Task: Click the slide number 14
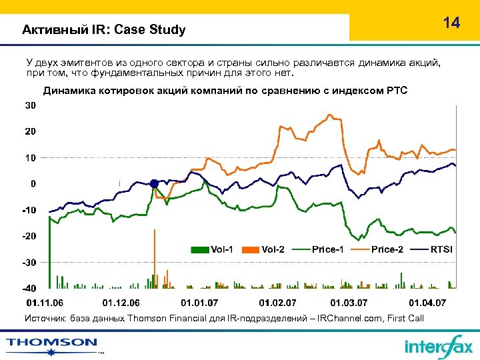point(451,23)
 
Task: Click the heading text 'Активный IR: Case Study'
point(103,30)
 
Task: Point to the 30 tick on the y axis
point(31,106)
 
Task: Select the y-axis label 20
point(31,132)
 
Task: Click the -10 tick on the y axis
point(29,210)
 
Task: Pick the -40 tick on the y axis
point(29,289)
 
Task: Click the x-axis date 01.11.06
point(46,303)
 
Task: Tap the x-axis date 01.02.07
point(276,303)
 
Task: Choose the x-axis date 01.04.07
point(427,303)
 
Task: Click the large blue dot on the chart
point(154,183)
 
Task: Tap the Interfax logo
point(438,346)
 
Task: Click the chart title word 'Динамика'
point(68,90)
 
